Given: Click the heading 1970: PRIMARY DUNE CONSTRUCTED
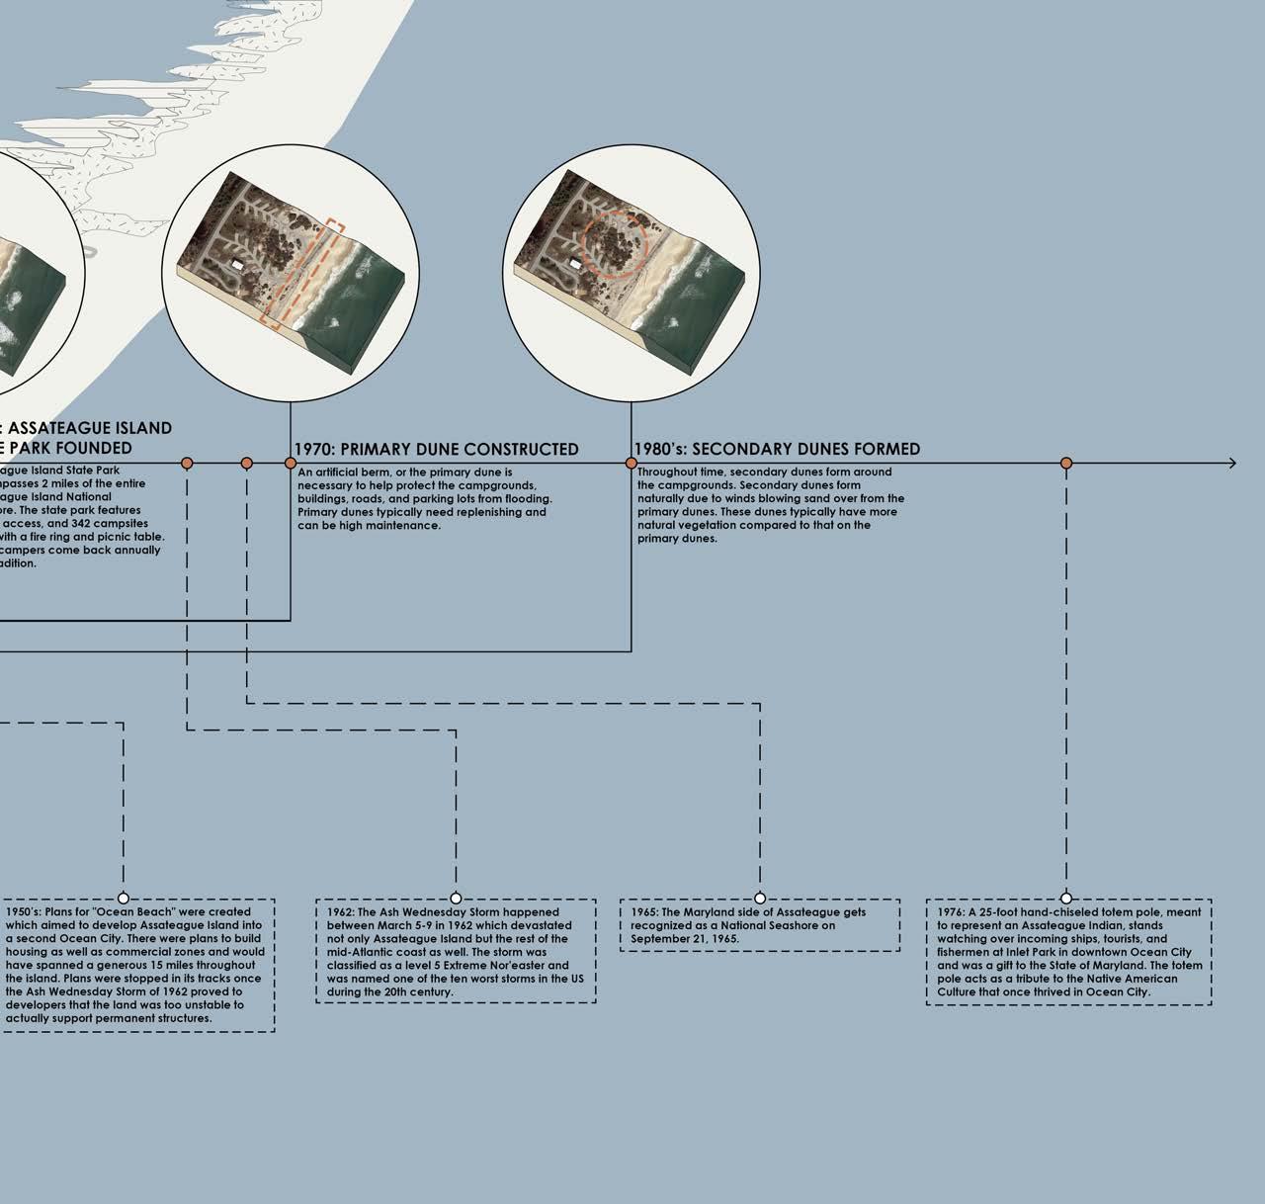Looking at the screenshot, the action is pos(436,449).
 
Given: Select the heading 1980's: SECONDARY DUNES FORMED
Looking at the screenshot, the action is pos(777,449).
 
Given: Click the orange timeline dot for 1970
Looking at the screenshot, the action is pos(291,463).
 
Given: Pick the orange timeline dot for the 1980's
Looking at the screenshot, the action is pos(632,463).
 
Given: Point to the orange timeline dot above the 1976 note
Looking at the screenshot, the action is pos(1066,463).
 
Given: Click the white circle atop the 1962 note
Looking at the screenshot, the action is pos(456,899).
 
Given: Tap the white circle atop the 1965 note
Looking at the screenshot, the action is pos(760,899).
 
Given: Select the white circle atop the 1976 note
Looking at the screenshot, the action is pos(1066,899).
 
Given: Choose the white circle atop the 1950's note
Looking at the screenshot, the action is pos(124,899).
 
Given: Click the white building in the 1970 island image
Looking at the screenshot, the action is pos(237,265).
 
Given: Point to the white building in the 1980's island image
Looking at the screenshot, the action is pos(574,265).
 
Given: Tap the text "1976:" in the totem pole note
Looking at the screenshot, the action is pos(952,912).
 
